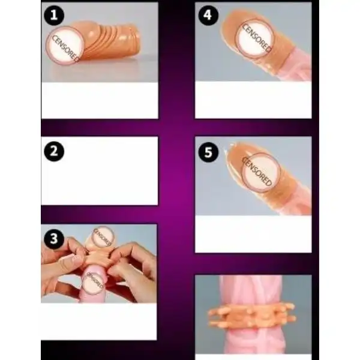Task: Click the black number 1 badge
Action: click(x=53, y=16)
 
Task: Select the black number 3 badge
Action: click(x=53, y=238)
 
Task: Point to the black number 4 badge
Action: click(x=208, y=16)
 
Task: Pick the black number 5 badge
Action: click(x=208, y=152)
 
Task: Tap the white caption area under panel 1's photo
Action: click(x=99, y=100)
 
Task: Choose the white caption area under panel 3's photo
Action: click(x=99, y=321)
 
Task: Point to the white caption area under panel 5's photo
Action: click(x=253, y=234)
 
